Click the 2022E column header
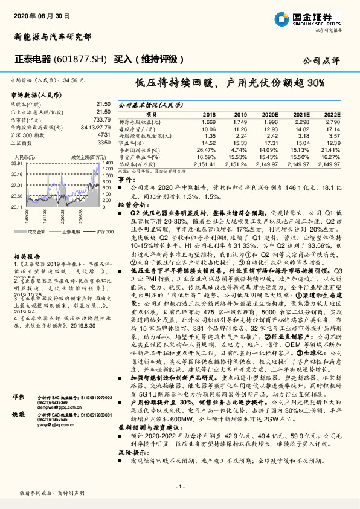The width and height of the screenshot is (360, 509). click(x=333, y=114)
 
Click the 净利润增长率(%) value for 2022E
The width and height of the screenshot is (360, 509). click(x=332, y=149)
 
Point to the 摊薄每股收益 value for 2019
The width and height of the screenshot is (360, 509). click(x=240, y=122)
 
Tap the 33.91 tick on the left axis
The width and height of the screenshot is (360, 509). click(x=17, y=163)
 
